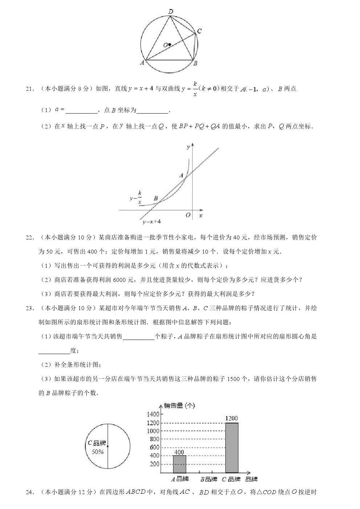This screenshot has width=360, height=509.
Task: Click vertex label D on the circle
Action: (171, 12)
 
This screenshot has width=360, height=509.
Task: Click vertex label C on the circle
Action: (200, 31)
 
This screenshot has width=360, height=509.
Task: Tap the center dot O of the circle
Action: (169, 45)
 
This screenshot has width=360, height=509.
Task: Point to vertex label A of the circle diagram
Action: (142, 63)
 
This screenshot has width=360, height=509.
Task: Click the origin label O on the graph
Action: (188, 215)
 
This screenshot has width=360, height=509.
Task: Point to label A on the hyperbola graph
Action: (181, 176)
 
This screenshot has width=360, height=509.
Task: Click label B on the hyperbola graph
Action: (156, 198)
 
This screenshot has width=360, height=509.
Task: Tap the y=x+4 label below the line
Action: (152, 222)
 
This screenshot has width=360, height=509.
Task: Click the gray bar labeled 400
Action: (179, 464)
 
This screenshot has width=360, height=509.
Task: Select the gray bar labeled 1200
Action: (232, 448)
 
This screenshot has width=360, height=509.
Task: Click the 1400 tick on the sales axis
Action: (153, 414)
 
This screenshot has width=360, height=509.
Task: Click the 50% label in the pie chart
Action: (98, 452)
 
